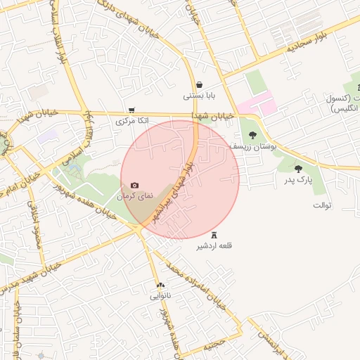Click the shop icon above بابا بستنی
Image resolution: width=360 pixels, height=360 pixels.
click(200, 84)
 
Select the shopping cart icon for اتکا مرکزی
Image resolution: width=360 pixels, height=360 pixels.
click(131, 110)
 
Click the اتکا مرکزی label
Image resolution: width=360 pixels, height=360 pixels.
click(132, 122)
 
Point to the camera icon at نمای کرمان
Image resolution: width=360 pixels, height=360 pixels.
click(135, 184)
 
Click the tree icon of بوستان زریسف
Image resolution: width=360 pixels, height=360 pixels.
click(252, 135)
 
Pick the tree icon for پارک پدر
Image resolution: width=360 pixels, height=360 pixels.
click(298, 169)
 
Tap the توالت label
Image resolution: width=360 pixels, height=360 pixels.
click(321, 205)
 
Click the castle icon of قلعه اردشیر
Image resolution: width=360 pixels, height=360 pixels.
click(214, 235)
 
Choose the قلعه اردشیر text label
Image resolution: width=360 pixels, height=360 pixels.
click(215, 246)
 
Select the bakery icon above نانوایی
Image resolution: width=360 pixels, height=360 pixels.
click(160, 285)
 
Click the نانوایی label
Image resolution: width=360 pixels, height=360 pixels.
click(159, 296)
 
